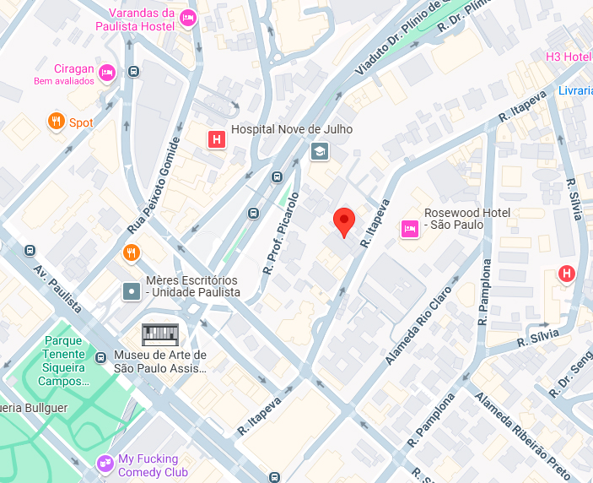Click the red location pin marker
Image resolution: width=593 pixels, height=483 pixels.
point(343,221)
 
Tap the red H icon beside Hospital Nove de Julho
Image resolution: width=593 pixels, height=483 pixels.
point(217,139)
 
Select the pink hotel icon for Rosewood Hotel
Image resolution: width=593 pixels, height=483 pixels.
point(410,227)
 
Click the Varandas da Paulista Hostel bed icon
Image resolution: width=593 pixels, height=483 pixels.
point(188,18)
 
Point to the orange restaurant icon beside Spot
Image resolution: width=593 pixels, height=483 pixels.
point(57,122)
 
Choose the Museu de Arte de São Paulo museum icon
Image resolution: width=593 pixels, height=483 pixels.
point(160,334)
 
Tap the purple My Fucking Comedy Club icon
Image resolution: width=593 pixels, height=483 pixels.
point(105,462)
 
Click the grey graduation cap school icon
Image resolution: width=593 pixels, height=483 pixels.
point(320,152)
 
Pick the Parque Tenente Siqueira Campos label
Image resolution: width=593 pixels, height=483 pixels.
point(63,361)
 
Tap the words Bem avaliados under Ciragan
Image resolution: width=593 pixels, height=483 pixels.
point(62,82)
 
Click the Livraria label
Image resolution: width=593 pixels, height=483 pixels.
point(574,90)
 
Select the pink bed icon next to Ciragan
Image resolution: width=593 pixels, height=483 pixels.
point(106,73)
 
